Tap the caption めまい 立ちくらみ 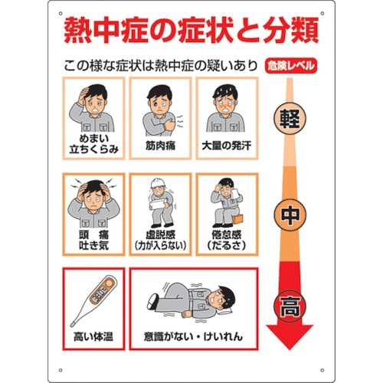[93, 142]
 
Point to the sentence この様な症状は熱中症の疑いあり [160, 67]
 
